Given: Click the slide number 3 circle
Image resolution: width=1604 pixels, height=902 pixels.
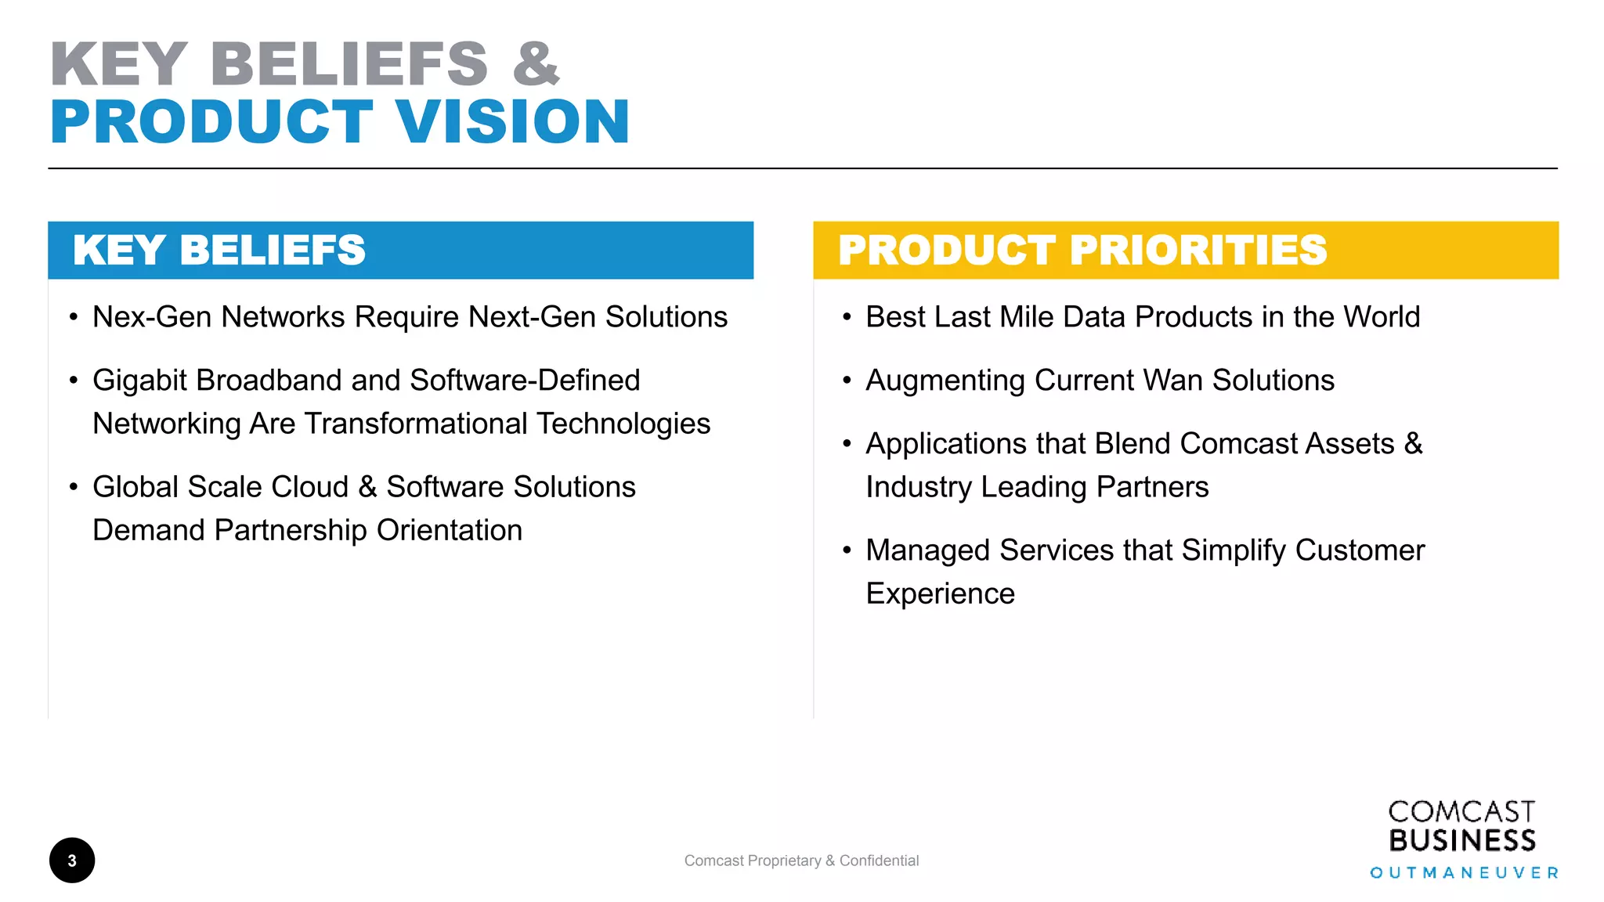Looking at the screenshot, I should point(72,861).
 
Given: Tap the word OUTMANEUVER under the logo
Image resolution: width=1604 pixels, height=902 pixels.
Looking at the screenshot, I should point(1464,873).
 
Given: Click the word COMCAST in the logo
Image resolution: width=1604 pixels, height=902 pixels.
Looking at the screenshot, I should point(1461,812).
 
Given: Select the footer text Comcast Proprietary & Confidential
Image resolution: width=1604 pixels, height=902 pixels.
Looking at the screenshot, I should point(801,861).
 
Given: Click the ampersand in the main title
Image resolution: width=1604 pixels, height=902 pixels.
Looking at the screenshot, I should point(536,64).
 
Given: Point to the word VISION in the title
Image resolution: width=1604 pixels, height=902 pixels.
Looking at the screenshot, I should point(512,122).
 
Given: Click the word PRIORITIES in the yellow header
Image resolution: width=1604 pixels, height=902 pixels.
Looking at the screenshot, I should point(1198,251).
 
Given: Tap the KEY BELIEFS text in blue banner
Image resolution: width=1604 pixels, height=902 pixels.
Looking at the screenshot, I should point(219,251).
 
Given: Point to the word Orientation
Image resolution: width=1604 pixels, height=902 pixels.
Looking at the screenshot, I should point(449,530).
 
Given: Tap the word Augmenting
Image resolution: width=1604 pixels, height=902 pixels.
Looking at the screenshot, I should point(945,381).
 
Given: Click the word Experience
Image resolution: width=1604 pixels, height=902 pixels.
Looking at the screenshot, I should point(940,594).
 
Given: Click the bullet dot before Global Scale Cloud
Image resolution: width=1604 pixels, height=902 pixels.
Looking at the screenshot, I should point(74,487).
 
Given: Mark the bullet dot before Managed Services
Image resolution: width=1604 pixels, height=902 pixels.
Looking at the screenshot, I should point(847,550).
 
